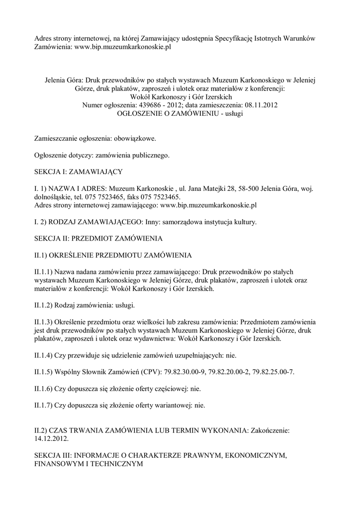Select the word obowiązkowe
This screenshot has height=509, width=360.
coord(135,139)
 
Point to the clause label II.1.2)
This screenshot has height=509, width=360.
coord(44,305)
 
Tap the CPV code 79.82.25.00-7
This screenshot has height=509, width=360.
coord(271,371)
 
